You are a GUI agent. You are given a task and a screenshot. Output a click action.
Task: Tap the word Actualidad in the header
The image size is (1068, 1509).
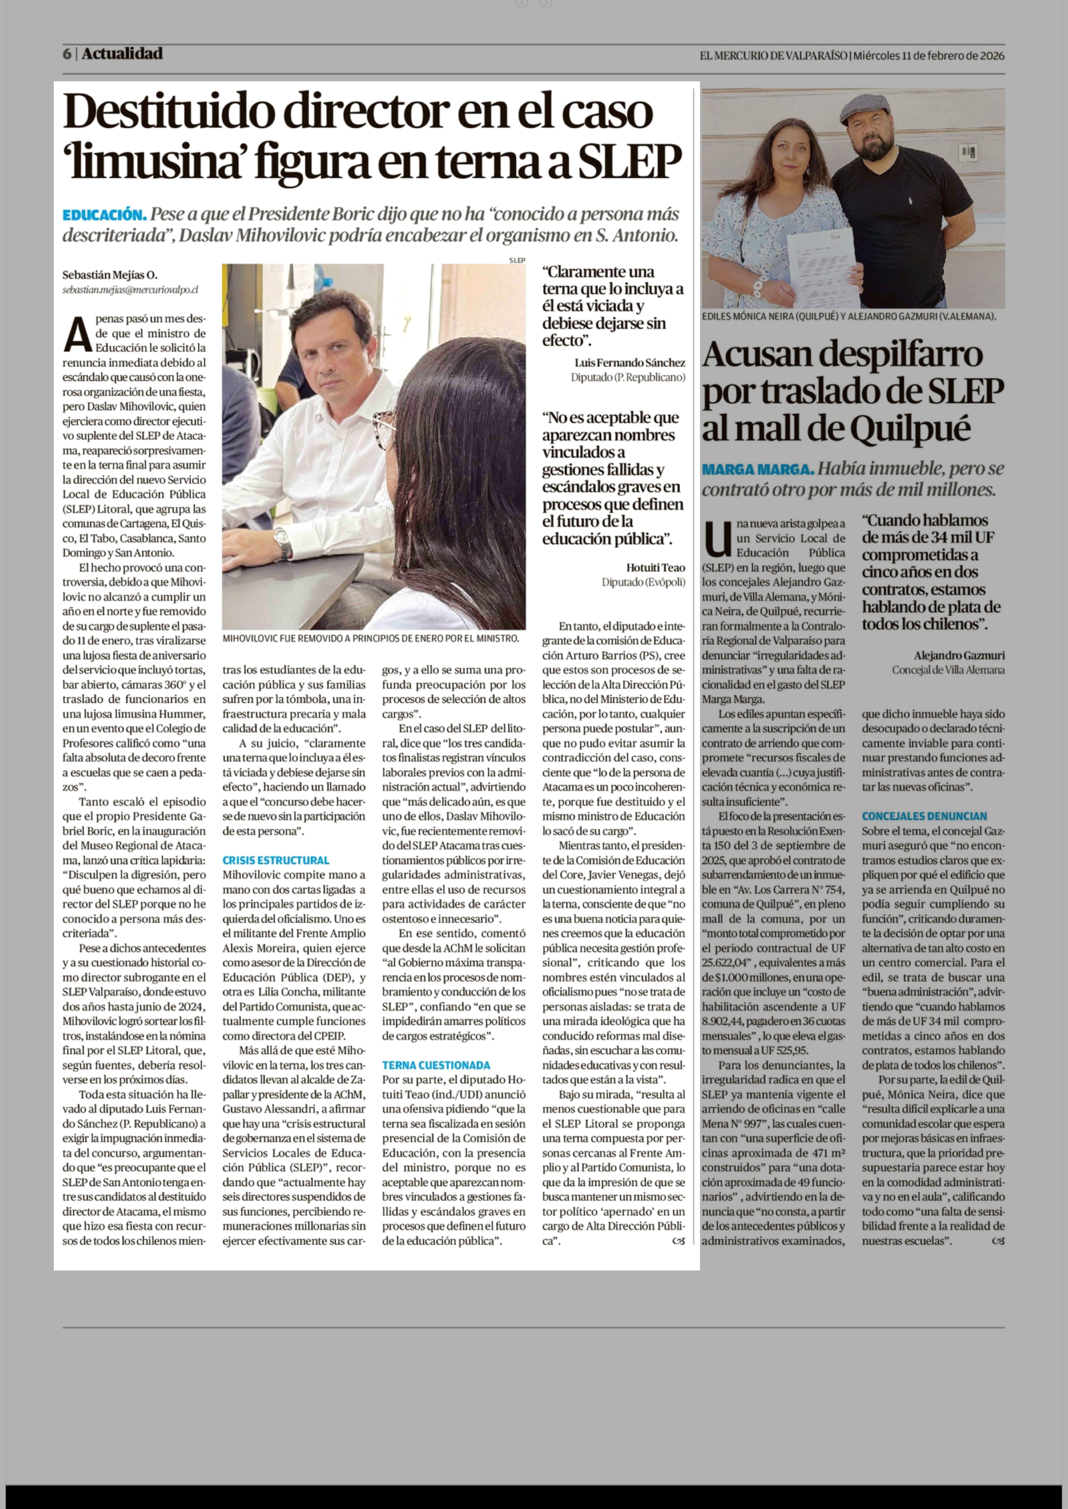coord(122,54)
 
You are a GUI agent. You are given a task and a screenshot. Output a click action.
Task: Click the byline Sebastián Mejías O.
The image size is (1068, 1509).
coord(110,275)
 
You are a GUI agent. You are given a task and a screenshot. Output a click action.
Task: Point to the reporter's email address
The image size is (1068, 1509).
coord(130,289)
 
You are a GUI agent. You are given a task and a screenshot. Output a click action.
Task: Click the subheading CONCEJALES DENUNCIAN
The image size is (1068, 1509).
coord(924,816)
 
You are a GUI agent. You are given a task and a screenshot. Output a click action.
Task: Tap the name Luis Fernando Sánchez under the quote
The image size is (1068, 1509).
coord(629,362)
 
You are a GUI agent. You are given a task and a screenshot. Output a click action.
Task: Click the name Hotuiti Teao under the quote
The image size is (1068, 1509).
coord(655,567)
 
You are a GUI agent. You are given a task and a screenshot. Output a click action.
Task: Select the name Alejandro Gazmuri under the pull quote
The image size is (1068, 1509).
coord(959,655)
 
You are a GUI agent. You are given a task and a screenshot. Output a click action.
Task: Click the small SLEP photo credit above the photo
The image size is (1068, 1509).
coord(517,260)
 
